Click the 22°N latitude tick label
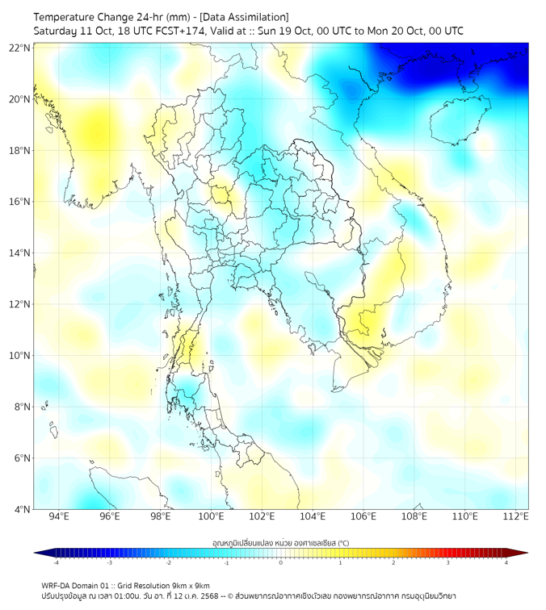tap(20, 48)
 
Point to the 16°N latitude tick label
tap(20, 202)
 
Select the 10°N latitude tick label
tap(20, 356)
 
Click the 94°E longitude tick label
tap(59, 517)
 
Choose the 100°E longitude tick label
tap(211, 517)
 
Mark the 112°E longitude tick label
tap(515, 517)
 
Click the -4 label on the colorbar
tap(56, 562)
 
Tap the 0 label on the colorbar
tap(281, 562)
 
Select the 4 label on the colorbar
tap(506, 562)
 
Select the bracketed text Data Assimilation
tap(242, 17)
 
